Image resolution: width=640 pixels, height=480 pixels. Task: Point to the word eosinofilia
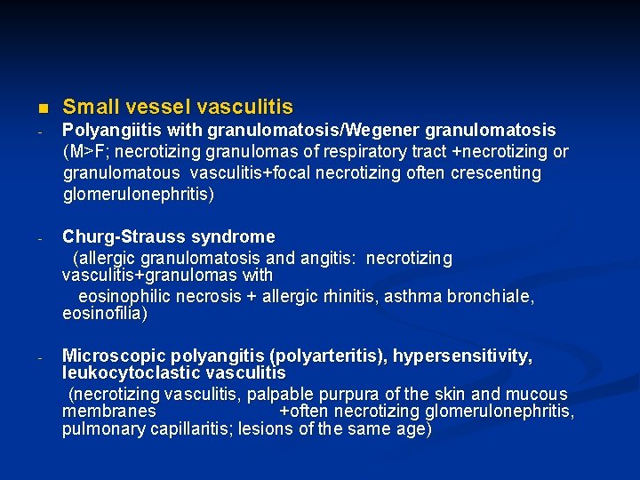(x=104, y=314)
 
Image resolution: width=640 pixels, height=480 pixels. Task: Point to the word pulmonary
(x=100, y=429)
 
